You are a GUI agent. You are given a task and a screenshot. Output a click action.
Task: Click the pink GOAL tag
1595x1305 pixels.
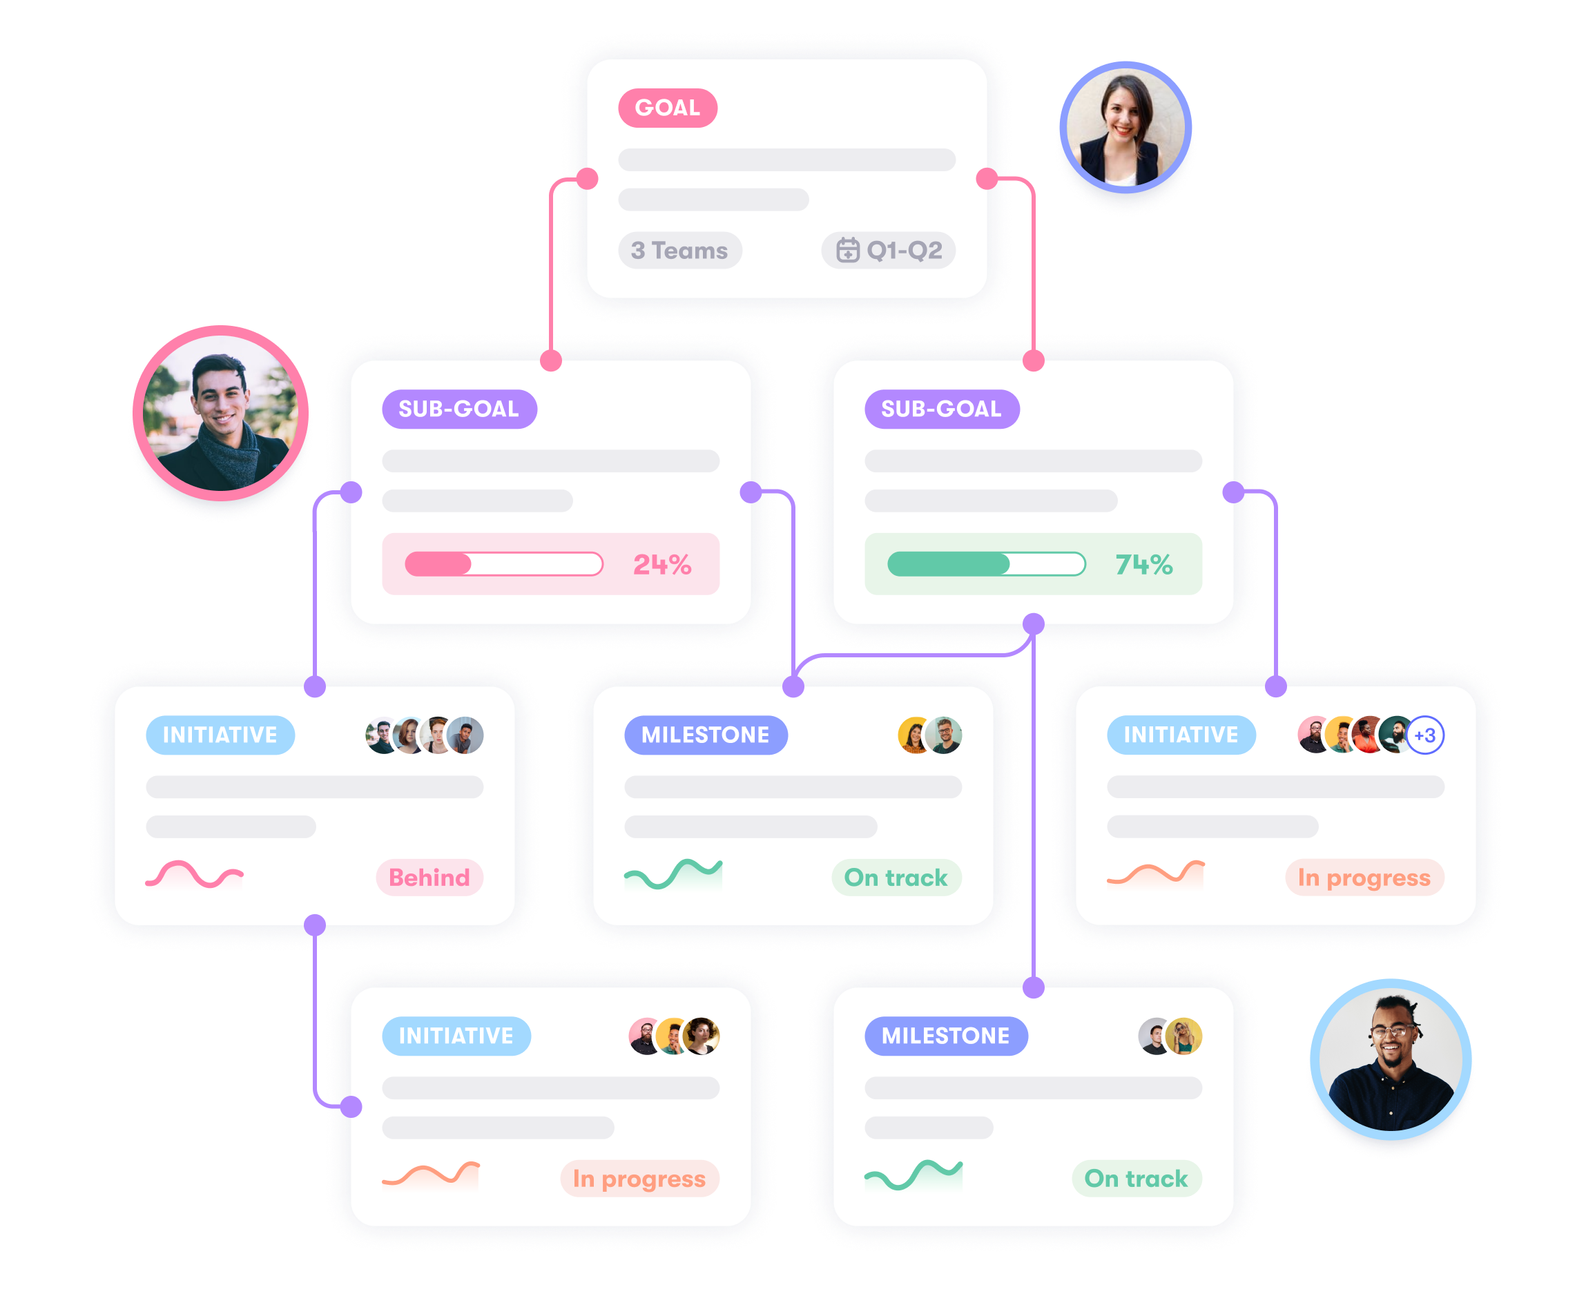(x=668, y=108)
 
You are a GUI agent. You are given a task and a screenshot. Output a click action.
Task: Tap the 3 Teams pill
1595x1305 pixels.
(x=679, y=251)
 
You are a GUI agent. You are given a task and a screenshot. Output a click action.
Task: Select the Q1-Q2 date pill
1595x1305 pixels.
(x=889, y=251)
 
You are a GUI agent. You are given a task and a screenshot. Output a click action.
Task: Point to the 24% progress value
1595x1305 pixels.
(x=661, y=565)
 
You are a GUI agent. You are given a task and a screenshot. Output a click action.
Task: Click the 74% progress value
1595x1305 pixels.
(x=1143, y=565)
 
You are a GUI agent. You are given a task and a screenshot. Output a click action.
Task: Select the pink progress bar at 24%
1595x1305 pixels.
(x=503, y=564)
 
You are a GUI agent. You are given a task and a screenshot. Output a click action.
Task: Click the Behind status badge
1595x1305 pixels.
(x=429, y=878)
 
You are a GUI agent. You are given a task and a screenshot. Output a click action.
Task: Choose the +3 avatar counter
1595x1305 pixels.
(x=1424, y=735)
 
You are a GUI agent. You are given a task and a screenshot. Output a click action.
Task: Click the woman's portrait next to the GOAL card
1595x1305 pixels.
(x=1125, y=128)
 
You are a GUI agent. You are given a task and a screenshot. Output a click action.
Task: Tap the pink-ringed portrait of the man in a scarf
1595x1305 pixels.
(x=220, y=414)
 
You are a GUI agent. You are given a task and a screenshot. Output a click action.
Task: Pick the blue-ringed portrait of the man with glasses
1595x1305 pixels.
(x=1390, y=1060)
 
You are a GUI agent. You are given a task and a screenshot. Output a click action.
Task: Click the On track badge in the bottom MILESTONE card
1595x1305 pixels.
(x=1136, y=1179)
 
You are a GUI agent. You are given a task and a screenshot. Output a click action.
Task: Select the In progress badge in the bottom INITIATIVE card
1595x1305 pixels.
(x=639, y=1179)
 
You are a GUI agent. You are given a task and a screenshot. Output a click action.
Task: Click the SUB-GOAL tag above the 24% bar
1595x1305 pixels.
(x=459, y=409)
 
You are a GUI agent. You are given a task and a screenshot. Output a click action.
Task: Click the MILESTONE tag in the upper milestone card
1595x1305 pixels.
(x=705, y=735)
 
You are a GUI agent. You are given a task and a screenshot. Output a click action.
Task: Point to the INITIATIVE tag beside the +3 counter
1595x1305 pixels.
(x=1180, y=735)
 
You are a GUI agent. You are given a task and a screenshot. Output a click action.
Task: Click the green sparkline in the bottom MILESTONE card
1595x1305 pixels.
(x=913, y=1174)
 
